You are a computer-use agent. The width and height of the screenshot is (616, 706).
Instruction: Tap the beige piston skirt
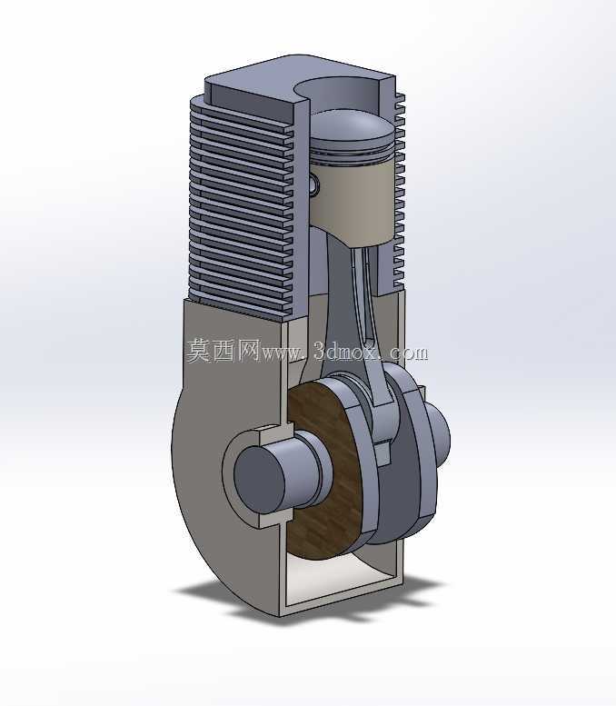coord(353,198)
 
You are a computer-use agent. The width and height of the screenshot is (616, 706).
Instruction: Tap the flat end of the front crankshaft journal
coord(259,481)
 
